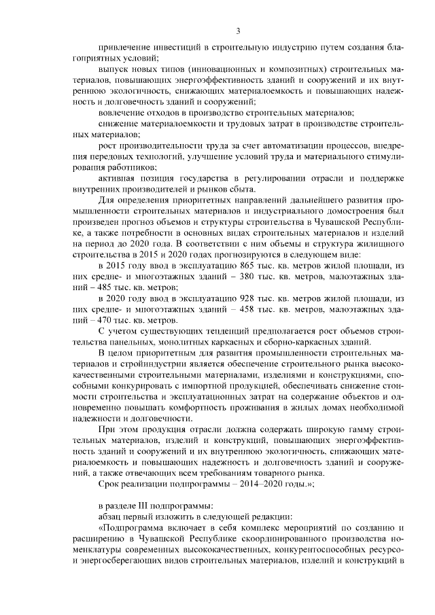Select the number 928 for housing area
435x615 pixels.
[249, 299]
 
